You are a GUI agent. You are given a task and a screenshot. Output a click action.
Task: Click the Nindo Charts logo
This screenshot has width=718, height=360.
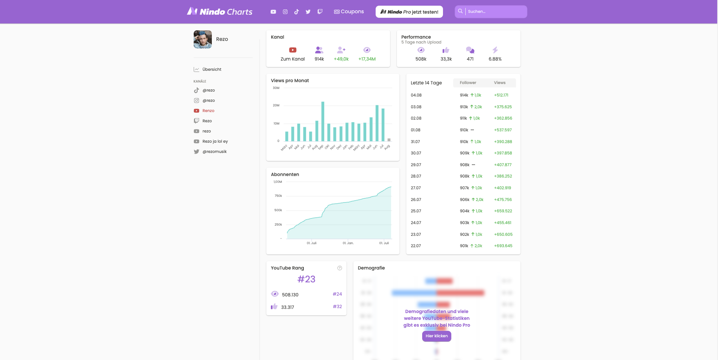pos(219,12)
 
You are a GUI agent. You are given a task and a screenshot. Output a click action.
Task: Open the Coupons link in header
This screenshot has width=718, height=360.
pos(349,12)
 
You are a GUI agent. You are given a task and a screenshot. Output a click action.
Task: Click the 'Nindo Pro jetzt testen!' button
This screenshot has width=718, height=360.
pos(409,12)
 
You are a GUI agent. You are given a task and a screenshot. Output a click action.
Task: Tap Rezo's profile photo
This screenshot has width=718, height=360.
pos(203,39)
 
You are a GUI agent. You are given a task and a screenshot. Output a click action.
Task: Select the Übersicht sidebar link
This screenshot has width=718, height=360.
pos(211,70)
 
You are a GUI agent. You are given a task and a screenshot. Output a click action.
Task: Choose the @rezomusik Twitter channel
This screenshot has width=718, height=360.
pos(214,152)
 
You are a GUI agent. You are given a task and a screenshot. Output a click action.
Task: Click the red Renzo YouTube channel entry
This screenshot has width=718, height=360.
pos(208,111)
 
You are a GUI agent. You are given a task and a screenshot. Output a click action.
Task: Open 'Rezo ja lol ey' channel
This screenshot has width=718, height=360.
pos(215,142)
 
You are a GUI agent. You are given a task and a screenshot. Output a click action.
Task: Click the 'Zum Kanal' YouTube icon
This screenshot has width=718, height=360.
pos(292,50)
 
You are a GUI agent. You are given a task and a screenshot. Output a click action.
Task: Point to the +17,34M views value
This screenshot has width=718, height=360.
pos(367,59)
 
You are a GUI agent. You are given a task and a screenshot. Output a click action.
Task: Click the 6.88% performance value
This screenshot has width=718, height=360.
pos(495,59)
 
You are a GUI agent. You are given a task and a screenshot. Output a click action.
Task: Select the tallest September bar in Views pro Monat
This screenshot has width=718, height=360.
pos(323,121)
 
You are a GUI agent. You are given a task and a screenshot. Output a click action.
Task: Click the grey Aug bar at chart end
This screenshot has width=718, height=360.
pos(389,140)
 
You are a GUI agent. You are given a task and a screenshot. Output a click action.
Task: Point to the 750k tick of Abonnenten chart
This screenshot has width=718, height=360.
pos(278,196)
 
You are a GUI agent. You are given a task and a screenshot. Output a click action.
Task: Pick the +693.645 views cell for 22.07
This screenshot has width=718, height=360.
pos(503,246)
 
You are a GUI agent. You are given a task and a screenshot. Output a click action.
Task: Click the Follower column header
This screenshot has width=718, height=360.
pos(468,83)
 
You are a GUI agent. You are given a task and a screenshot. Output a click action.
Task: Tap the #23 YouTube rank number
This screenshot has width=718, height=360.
pos(306,279)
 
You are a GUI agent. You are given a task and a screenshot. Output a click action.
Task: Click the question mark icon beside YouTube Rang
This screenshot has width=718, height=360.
pos(340,268)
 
